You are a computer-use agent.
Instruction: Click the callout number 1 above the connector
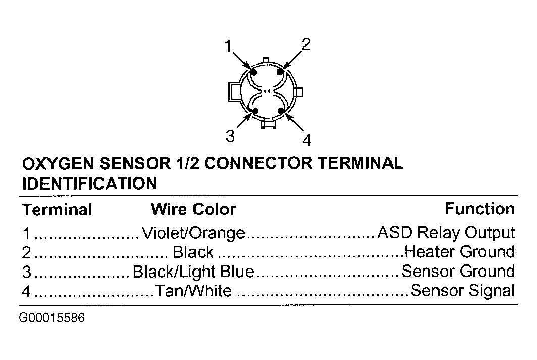[228, 46]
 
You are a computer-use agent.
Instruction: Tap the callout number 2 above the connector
[306, 44]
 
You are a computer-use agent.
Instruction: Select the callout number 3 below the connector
[230, 136]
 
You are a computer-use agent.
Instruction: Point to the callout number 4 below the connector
[307, 140]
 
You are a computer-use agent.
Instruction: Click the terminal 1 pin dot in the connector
[253, 72]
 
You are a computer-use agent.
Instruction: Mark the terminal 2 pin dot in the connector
[280, 72]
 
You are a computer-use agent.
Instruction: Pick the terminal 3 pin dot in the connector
[255, 111]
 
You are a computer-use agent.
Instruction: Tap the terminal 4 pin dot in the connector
[281, 110]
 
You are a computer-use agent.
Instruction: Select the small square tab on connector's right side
[298, 92]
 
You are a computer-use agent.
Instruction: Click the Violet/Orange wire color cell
[193, 233]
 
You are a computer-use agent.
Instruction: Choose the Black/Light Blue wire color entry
[193, 272]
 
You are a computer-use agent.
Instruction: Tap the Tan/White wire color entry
[193, 291]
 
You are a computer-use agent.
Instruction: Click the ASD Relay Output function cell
[446, 233]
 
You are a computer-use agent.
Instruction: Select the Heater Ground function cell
[460, 252]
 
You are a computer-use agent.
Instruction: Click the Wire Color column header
[193, 209]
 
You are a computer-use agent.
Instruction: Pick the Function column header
[479, 209]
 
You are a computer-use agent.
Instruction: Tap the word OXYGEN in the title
[58, 163]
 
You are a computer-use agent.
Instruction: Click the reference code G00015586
[52, 318]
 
